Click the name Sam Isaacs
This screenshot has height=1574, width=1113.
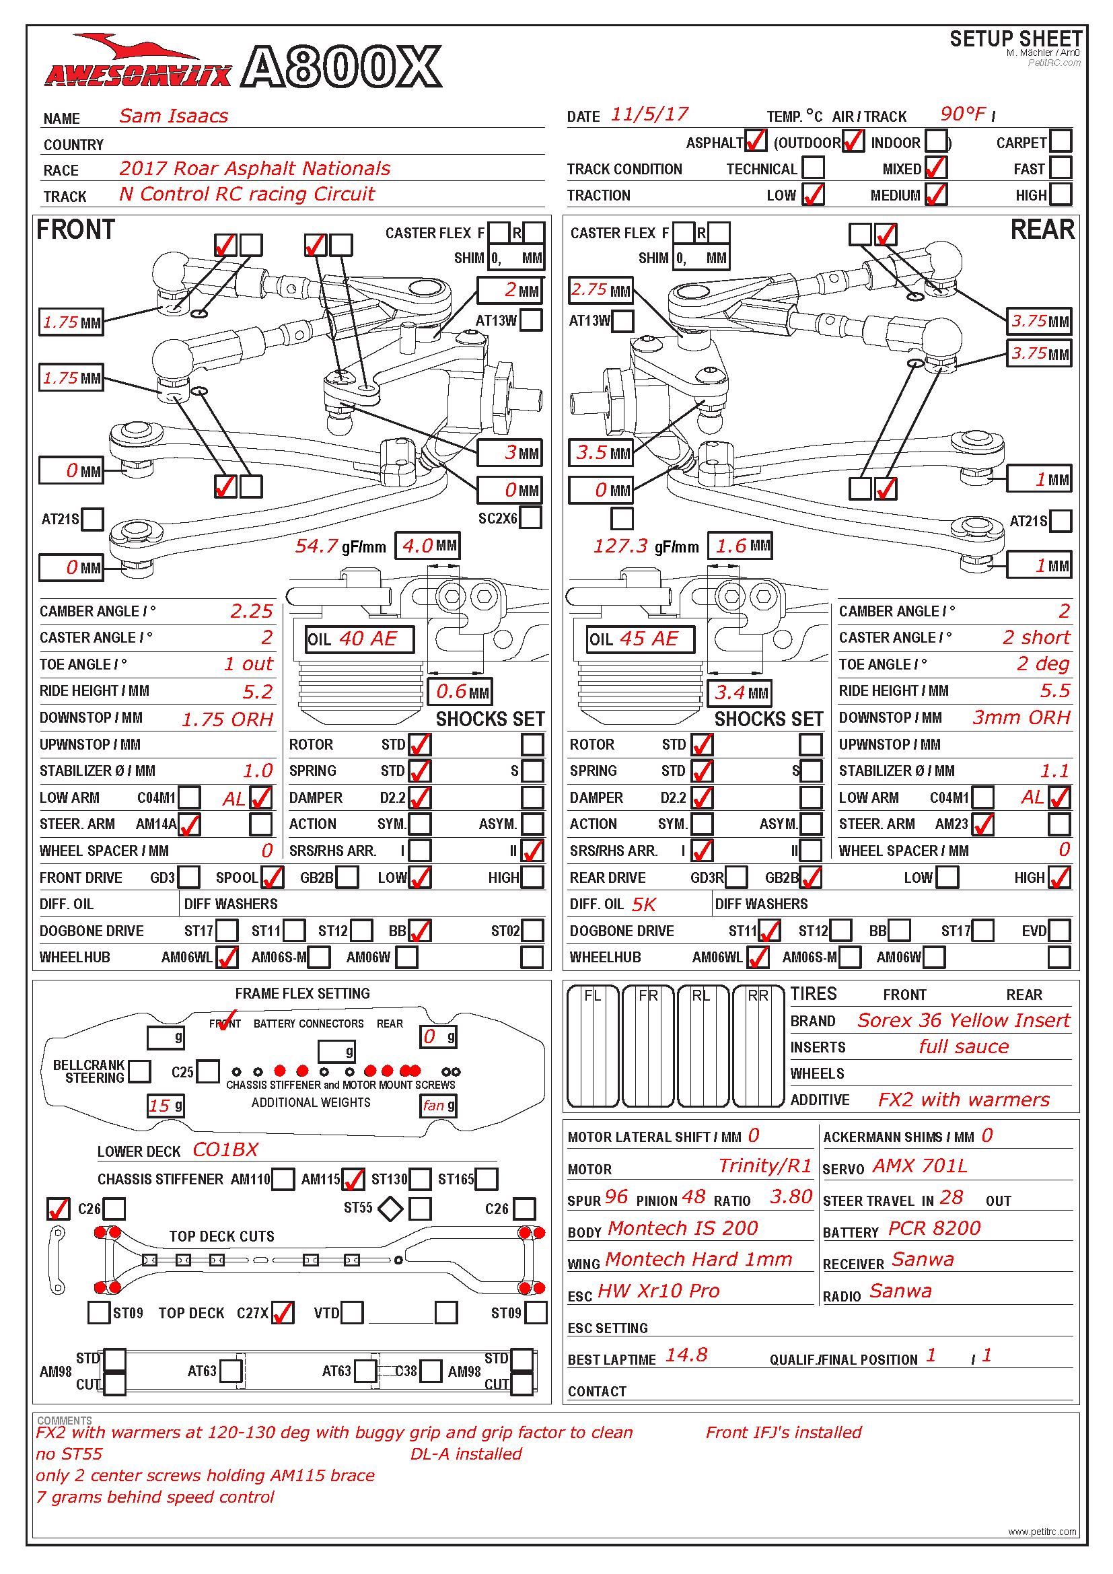point(174,116)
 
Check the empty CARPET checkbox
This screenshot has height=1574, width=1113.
point(1061,141)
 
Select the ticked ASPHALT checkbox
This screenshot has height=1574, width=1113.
point(755,141)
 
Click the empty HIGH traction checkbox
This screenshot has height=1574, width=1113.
point(1061,194)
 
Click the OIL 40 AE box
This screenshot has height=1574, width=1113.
point(360,639)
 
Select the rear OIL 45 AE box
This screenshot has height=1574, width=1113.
point(641,639)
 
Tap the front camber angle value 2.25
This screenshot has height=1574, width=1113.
point(252,611)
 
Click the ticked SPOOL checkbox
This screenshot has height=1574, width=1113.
point(272,877)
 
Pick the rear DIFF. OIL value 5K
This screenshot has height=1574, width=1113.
point(643,904)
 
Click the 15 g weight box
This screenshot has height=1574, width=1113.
point(166,1105)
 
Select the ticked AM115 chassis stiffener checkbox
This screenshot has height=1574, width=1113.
point(353,1179)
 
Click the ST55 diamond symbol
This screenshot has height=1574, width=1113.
point(391,1208)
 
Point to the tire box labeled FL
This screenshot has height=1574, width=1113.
point(593,1046)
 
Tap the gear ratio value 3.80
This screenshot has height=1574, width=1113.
point(790,1197)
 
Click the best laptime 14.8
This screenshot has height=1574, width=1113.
point(686,1355)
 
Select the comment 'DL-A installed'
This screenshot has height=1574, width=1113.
point(466,1454)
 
